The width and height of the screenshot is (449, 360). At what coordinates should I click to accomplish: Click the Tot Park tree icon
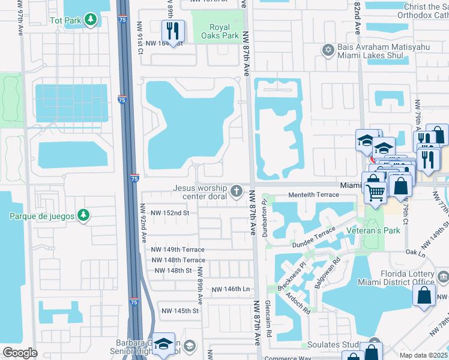(91, 20)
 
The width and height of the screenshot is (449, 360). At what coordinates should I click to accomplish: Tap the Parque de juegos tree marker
(83, 215)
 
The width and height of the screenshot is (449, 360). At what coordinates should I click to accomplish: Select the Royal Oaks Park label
(224, 31)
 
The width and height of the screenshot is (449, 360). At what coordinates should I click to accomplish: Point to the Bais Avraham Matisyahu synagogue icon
(328, 50)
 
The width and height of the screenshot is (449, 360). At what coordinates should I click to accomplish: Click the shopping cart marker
(376, 193)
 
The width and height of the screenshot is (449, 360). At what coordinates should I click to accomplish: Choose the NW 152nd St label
(170, 213)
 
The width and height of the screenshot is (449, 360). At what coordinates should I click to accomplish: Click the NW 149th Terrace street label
(178, 250)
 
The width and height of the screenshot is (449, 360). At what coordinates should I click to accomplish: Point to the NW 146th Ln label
(231, 289)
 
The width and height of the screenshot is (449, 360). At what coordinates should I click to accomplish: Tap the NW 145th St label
(179, 311)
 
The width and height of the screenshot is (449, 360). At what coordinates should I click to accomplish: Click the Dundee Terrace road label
(313, 238)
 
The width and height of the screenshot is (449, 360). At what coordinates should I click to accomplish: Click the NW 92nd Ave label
(143, 221)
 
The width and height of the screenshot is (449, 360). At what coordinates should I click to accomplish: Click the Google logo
(20, 353)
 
